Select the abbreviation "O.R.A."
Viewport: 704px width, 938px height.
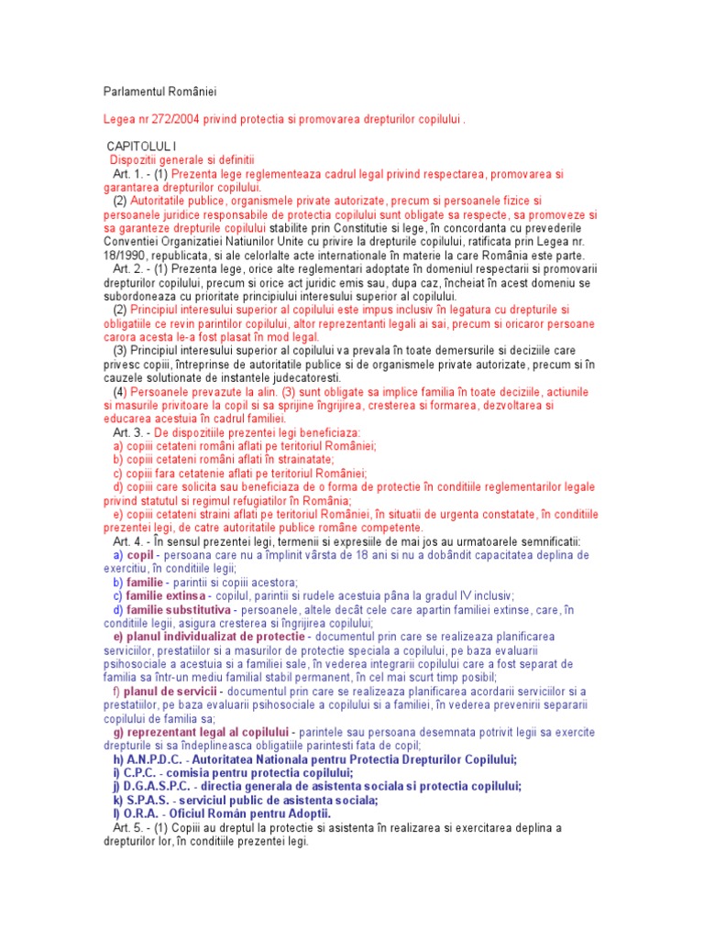pos(143,814)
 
